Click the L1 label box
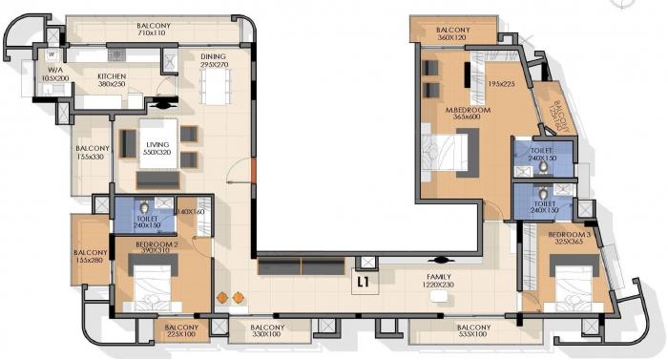[364, 283]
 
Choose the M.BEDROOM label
[441, 111]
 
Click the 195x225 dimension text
[501, 84]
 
